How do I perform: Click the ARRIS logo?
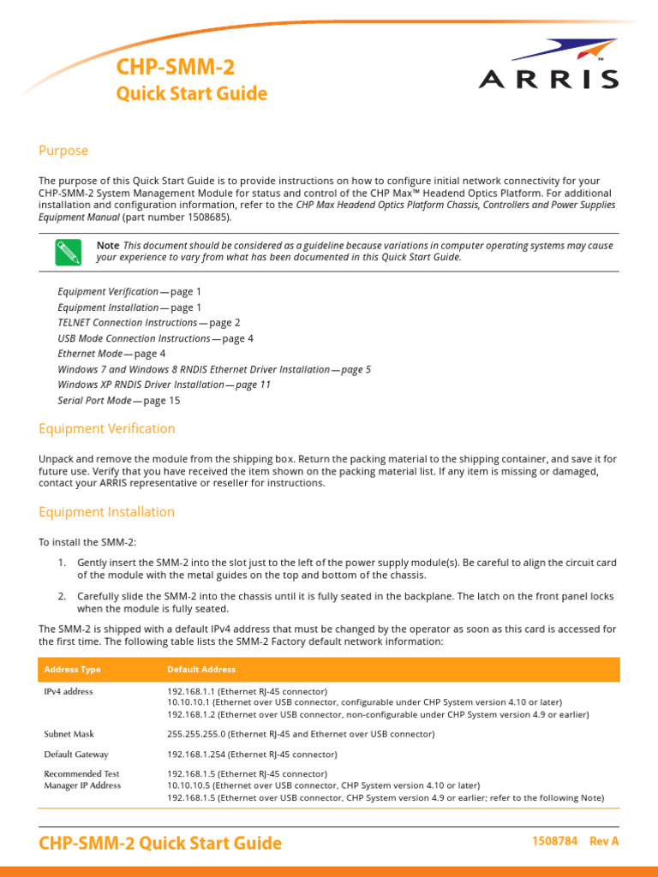click(547, 66)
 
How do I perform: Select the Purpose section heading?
click(63, 151)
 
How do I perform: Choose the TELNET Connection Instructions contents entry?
click(128, 323)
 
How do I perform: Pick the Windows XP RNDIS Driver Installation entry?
click(141, 385)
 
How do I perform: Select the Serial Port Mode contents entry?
click(94, 400)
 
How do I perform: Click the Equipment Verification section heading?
click(107, 428)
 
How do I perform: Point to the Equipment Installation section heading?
click(106, 512)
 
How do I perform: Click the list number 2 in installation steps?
click(62, 596)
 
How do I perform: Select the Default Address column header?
click(201, 669)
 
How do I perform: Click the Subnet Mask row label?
click(69, 734)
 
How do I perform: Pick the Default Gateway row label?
click(76, 755)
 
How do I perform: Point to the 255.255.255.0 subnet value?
click(200, 734)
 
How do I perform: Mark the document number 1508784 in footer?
click(555, 842)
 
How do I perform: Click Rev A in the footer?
click(604, 842)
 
